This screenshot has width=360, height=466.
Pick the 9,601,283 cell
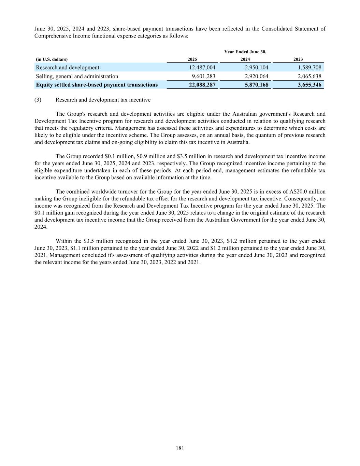click(204, 76)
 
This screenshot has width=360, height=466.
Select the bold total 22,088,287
click(202, 85)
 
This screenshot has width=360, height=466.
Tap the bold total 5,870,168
click(257, 85)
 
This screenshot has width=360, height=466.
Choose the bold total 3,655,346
click(309, 85)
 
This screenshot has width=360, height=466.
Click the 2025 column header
click(192, 59)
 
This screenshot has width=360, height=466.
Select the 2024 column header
click(245, 59)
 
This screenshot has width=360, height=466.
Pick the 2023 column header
click(298, 59)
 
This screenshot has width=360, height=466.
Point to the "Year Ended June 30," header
click(245, 52)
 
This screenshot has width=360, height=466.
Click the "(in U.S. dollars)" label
click(52, 59)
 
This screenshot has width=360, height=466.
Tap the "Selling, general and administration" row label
click(77, 76)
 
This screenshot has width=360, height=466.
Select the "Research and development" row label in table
click(68, 68)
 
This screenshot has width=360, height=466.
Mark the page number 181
click(180, 448)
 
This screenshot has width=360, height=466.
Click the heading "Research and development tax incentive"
click(103, 100)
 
